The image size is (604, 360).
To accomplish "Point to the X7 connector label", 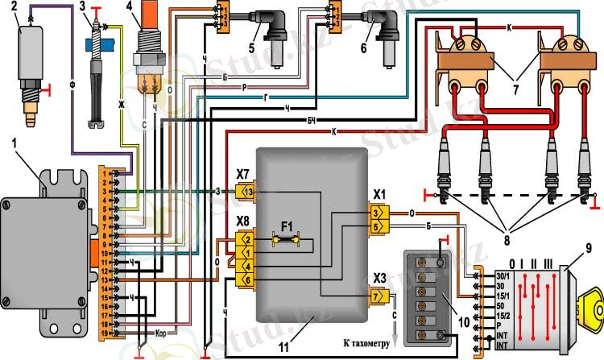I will coord(243,174).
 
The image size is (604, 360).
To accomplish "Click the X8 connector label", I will coord(243,220).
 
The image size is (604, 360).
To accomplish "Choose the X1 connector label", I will coord(378,194).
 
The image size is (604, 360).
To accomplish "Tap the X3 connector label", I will coord(378,279).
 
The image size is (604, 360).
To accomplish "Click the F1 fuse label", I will coord(288,225).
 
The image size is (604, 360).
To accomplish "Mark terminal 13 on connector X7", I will coord(248,192).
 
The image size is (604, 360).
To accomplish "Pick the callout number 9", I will coord(588,248).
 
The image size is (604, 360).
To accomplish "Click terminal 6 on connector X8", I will coord(248,279).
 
